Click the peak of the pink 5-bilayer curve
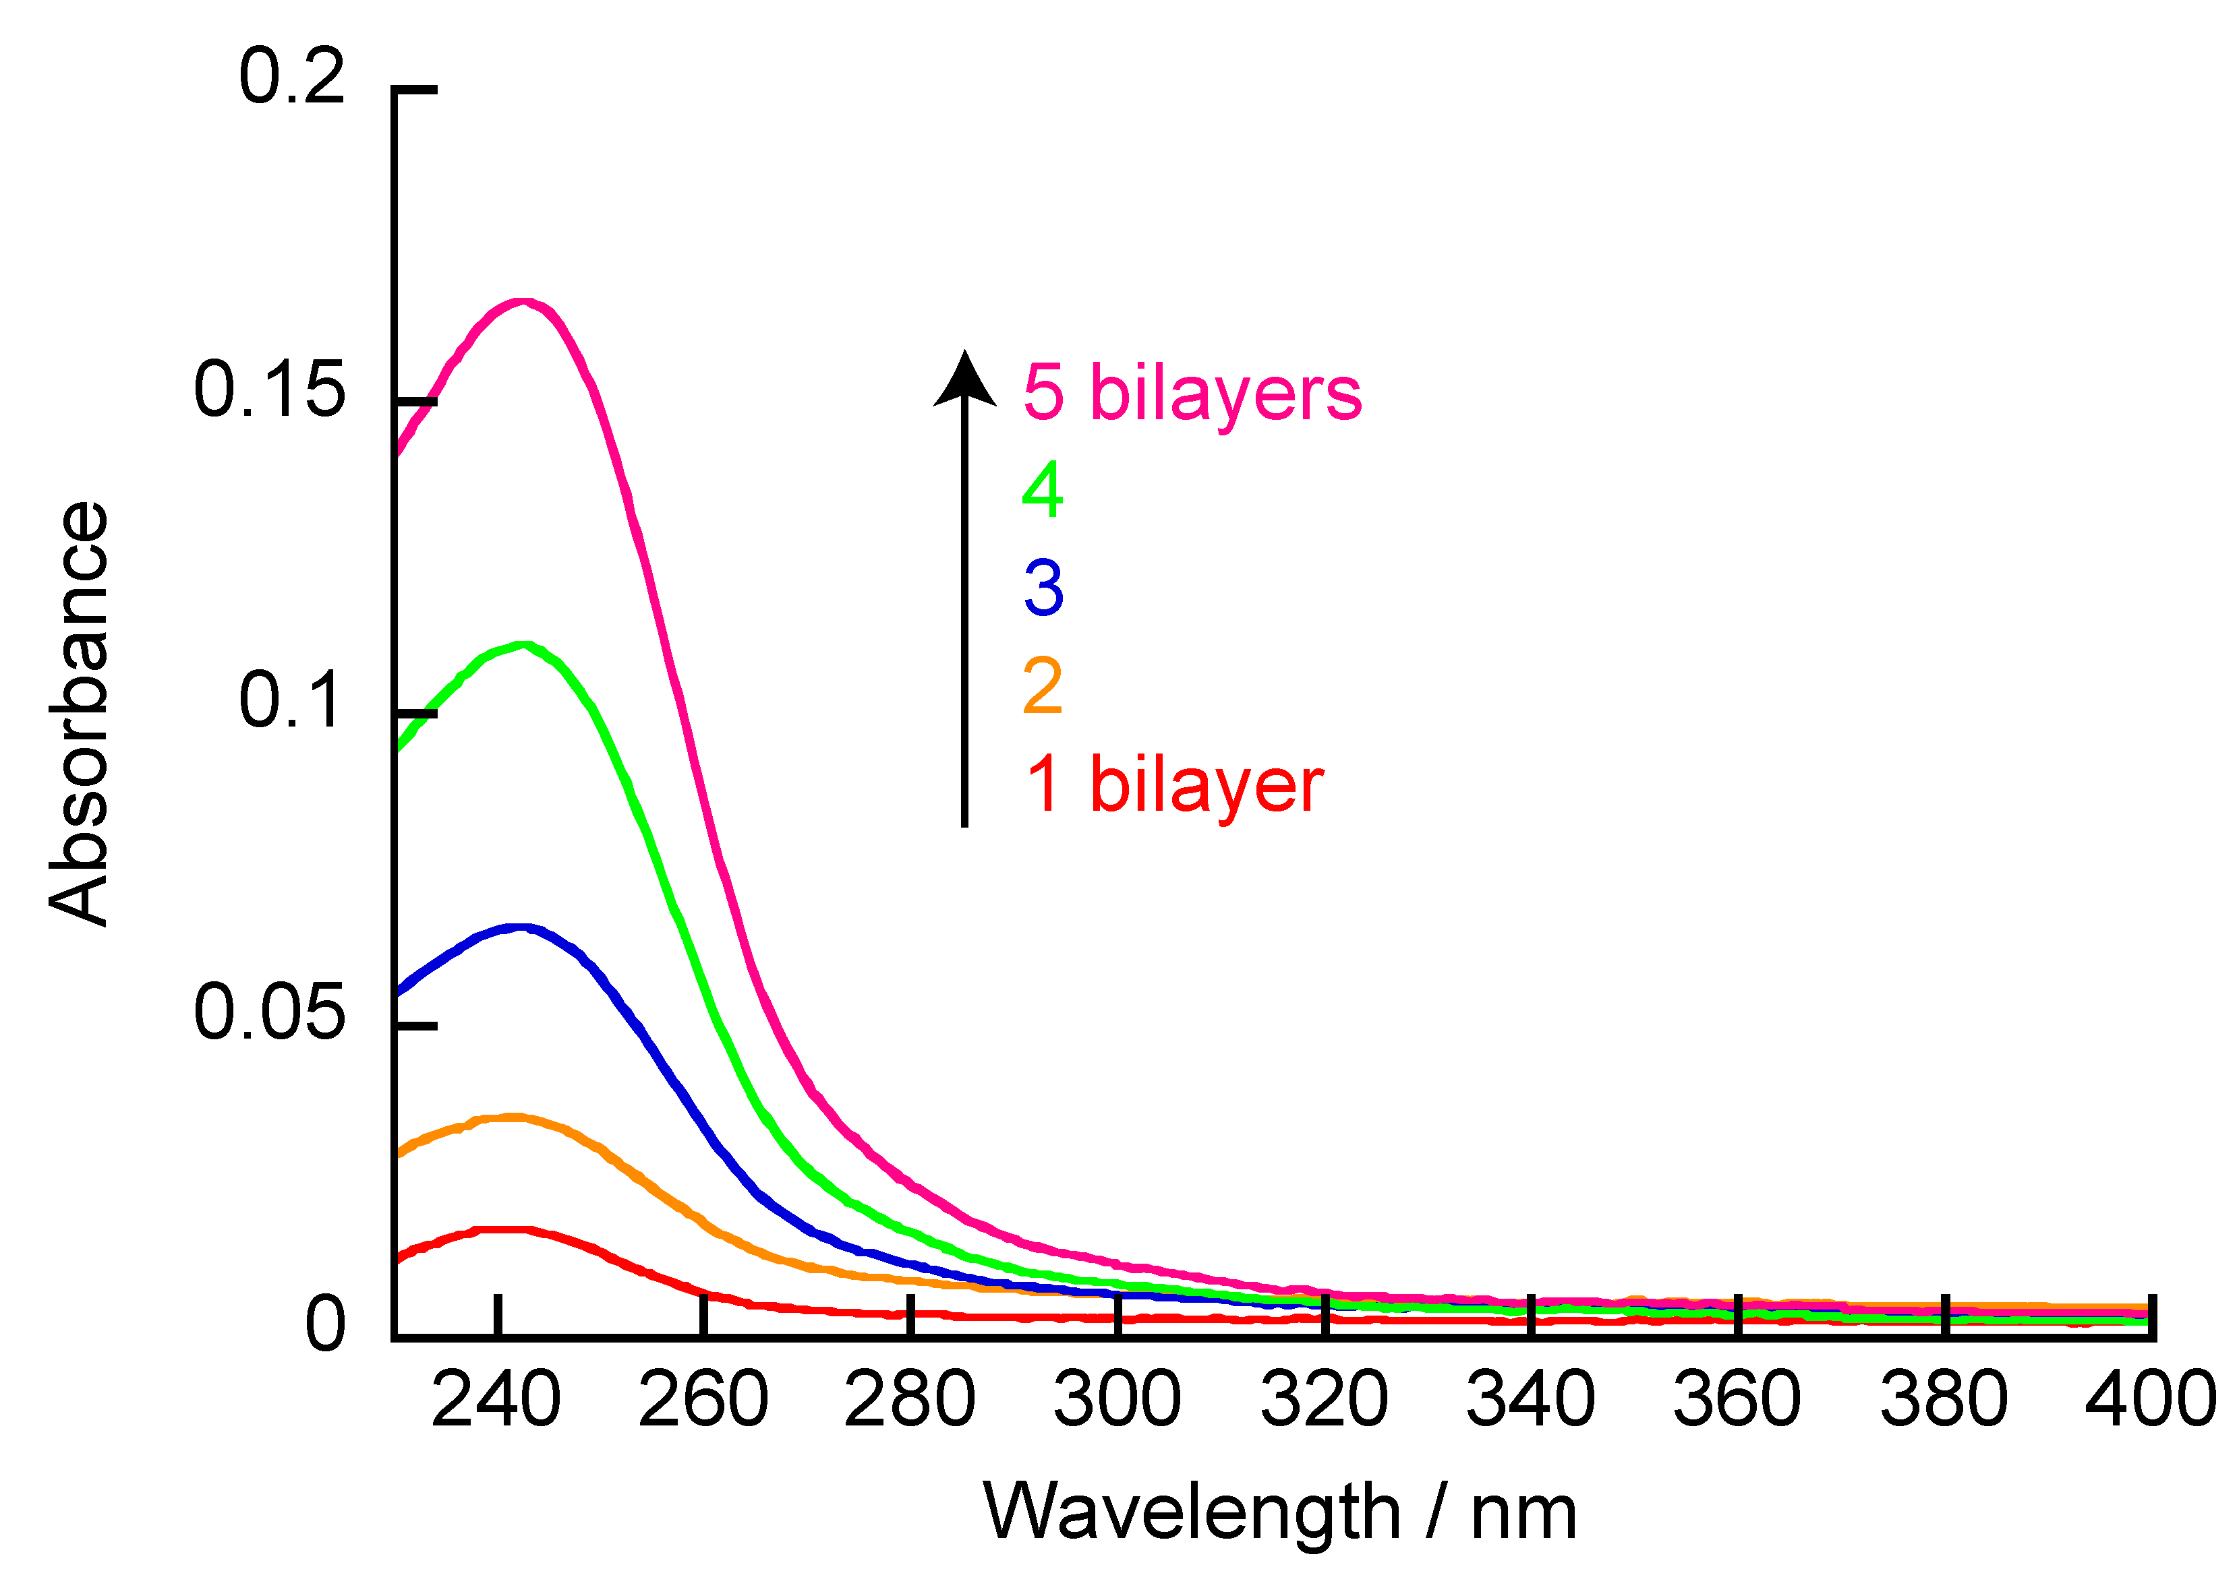pos(523,302)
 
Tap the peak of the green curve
pos(525,645)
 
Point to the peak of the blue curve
pos(523,927)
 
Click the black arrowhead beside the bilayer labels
pos(964,380)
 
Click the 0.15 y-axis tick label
pos(269,390)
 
